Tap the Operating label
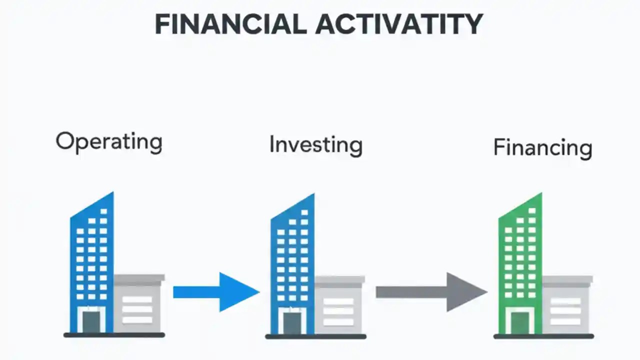(x=109, y=142)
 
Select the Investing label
(x=315, y=145)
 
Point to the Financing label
(x=542, y=148)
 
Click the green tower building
(x=520, y=250)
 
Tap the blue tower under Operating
(x=92, y=250)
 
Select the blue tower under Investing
(x=292, y=250)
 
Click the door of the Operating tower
(x=91, y=321)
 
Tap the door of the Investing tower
(x=292, y=322)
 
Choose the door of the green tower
(x=519, y=322)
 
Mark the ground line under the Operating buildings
(x=114, y=335)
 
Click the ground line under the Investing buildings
(x=315, y=336)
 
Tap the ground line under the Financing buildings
(x=543, y=336)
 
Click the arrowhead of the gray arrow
(x=465, y=292)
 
